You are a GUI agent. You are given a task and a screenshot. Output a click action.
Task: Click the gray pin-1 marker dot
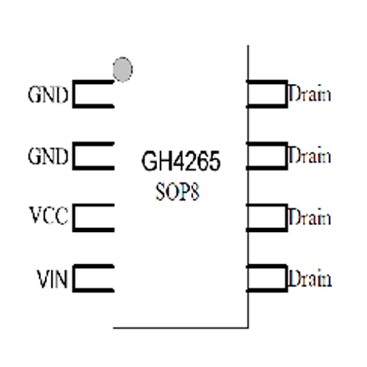122,69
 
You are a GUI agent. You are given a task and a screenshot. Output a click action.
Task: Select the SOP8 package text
177,191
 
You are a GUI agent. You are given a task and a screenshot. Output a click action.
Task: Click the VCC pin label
48,217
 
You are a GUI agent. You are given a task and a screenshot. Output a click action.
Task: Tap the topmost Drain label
310,95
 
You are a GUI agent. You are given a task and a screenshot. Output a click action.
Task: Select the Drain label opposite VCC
310,217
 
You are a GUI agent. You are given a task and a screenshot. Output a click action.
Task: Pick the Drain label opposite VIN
310,279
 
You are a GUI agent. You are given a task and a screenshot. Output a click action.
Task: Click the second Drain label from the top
310,155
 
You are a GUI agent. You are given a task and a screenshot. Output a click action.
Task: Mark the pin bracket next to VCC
93,217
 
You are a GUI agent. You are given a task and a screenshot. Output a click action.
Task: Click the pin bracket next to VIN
93,278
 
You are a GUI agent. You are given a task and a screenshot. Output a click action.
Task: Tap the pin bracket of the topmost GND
93,94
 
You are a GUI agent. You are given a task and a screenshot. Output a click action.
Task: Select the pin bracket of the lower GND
93,156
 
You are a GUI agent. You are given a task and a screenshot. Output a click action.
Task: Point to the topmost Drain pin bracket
267,94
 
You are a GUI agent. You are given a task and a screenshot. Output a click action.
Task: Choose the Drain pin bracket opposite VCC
267,217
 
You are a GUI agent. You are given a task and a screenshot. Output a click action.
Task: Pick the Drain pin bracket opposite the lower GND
267,155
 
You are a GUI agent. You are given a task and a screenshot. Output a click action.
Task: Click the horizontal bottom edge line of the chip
180,327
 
